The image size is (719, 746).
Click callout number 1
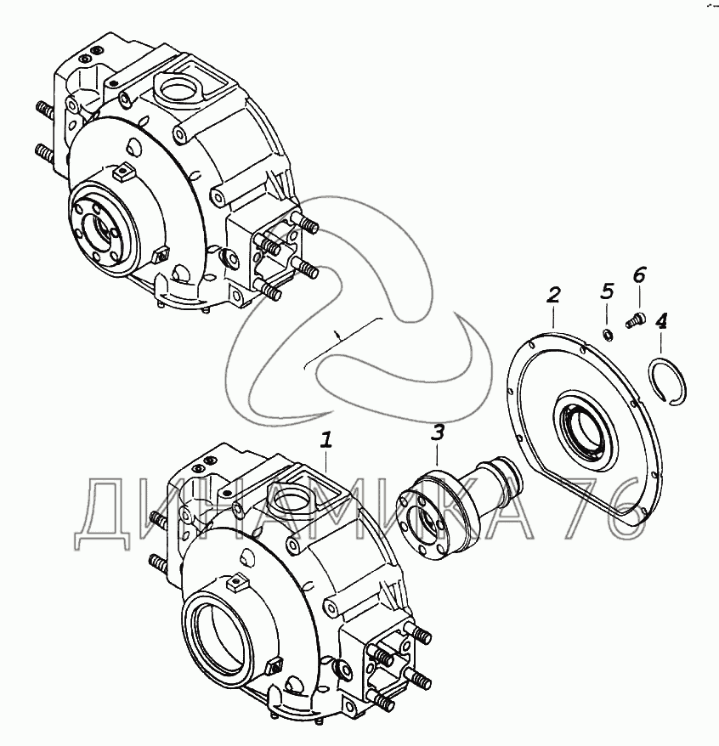click(x=326, y=440)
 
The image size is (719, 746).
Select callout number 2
click(x=553, y=296)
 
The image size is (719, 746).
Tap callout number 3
click(x=438, y=433)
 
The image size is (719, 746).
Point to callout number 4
click(x=661, y=321)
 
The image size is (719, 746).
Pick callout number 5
click(x=607, y=291)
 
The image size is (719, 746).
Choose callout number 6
click(x=638, y=274)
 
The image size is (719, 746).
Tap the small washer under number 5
click(x=607, y=335)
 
